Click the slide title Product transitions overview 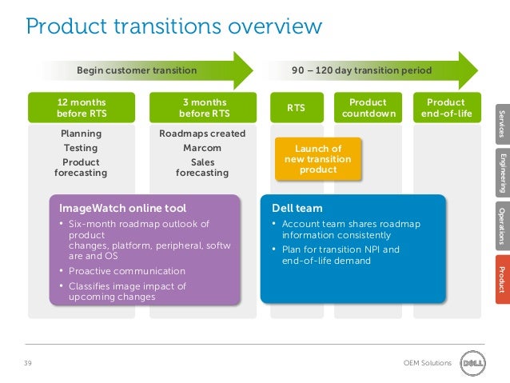coord(174,26)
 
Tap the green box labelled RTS coord(296,108)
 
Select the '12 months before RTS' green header coord(81,108)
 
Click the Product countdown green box coord(369,108)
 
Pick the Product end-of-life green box coord(445,108)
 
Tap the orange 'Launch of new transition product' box coord(318,159)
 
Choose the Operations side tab coord(501,224)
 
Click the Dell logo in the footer coord(471,362)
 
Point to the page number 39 coord(28,363)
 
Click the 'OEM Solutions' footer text coord(428,363)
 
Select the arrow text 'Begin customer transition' coord(136,70)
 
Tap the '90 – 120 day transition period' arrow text coord(361,70)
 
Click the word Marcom coord(202,148)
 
